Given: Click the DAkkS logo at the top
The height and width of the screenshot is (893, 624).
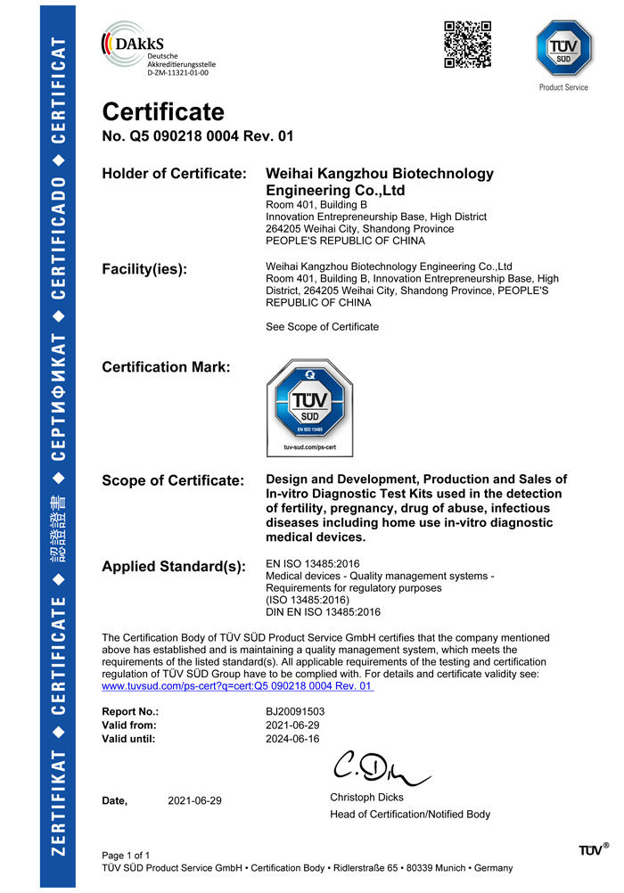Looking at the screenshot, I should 159,53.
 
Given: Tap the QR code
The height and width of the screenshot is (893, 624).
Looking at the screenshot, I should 468,45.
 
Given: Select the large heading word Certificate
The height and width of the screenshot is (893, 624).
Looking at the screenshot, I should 163,112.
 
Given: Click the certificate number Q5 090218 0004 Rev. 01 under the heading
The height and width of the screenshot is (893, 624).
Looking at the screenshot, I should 198,136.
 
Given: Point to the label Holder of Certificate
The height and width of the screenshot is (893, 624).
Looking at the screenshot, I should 174,174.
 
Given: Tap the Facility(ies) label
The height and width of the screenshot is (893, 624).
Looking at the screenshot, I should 144,269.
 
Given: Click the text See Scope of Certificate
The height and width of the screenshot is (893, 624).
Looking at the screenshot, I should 322,327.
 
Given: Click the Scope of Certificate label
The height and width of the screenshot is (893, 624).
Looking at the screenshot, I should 173,481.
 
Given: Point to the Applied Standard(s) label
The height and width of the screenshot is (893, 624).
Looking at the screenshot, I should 174,567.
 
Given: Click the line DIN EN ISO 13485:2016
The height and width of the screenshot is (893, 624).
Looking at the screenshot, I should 324,612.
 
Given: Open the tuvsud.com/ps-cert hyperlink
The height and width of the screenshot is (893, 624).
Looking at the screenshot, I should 238,686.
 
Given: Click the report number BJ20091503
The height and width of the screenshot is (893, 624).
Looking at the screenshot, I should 295,712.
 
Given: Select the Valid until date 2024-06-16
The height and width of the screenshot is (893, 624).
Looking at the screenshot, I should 292,739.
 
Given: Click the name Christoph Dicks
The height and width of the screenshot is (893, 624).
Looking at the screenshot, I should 366,797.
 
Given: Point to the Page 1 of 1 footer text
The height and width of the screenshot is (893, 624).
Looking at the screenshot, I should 132,856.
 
